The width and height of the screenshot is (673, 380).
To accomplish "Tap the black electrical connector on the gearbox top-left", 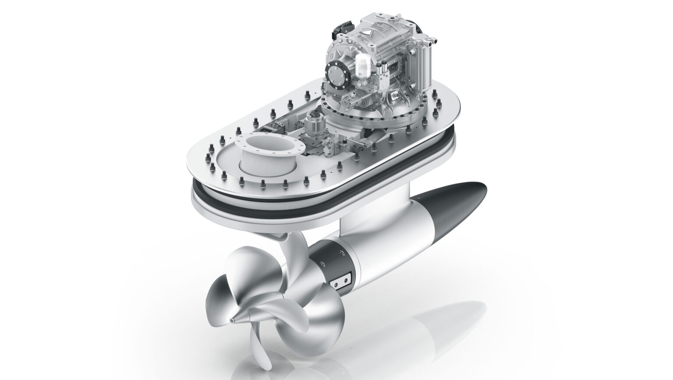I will point(336,29).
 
